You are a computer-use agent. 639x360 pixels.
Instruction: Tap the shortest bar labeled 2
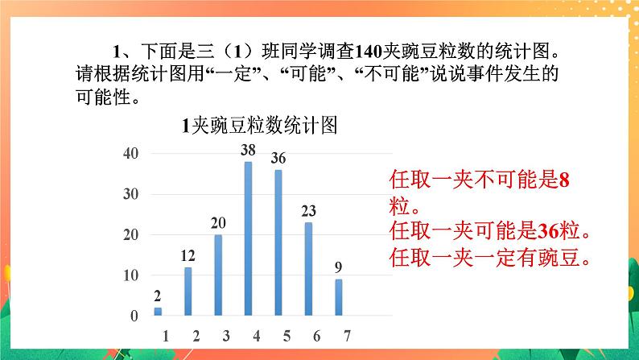tap(158, 311)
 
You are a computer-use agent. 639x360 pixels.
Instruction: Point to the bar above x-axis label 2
tap(188, 291)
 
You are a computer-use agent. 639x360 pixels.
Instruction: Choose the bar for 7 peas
tap(338, 297)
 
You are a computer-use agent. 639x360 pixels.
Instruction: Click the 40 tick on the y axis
tap(130, 153)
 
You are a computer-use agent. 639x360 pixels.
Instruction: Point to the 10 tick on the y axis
tap(130, 275)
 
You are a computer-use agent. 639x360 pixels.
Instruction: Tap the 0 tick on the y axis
tap(134, 316)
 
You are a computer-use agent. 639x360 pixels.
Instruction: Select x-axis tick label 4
tap(249, 334)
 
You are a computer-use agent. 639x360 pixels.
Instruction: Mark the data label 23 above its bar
tap(308, 211)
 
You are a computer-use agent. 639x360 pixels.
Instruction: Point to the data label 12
tap(188, 256)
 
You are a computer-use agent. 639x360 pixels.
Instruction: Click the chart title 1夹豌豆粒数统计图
tap(259, 126)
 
